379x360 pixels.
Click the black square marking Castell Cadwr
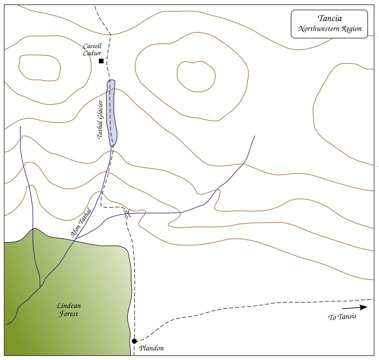101,61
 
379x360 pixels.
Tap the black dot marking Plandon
134,341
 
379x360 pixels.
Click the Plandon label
151,348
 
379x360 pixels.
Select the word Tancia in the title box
330,19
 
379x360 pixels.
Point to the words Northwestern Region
330,29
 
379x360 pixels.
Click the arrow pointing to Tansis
355,307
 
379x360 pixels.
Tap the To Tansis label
342,317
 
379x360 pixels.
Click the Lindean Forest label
69,310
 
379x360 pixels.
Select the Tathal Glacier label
100,119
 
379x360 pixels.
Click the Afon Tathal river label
81,223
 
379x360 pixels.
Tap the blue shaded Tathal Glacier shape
112,113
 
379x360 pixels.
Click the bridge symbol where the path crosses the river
127,214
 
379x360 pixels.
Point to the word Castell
92,46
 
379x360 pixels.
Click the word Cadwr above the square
92,53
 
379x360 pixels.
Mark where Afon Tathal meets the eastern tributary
75,240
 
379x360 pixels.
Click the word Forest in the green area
69,314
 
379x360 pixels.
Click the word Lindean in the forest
69,306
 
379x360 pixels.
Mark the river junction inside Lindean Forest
40,287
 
